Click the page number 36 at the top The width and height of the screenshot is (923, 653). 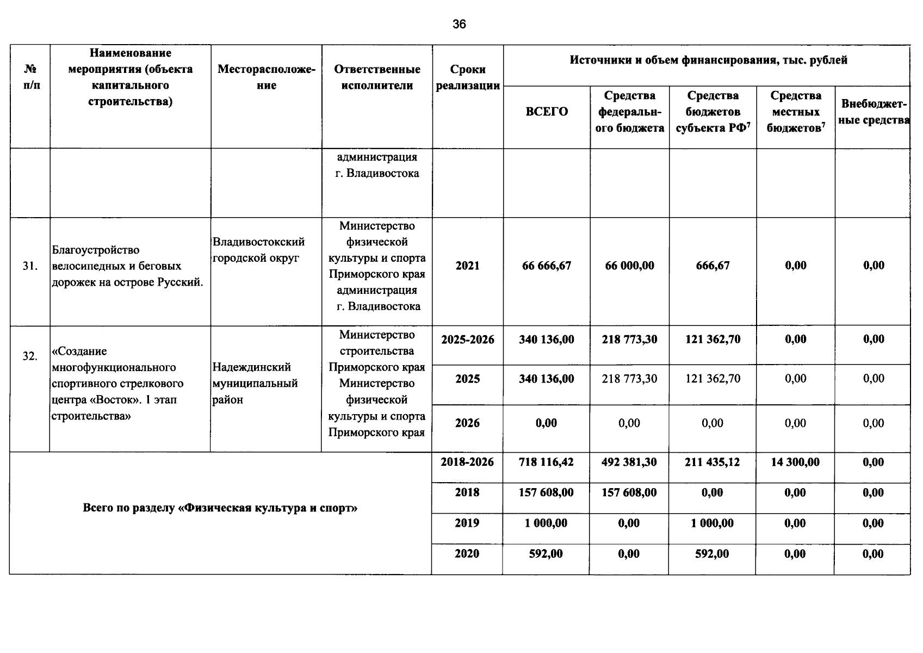point(459,24)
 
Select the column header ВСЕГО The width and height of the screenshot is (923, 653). point(547,112)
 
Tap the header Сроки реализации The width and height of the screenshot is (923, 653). point(468,77)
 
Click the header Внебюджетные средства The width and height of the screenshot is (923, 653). point(873,112)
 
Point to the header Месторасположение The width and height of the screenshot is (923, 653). point(267,77)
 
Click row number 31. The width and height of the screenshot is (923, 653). point(30,266)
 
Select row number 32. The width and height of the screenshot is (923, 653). point(30,356)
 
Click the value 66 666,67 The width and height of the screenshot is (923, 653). point(547,266)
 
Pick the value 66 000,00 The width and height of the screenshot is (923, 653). point(629,266)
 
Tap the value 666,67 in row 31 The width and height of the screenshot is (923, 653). point(713,266)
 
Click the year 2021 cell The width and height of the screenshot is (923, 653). point(468,266)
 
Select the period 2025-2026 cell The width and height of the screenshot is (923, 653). point(468,340)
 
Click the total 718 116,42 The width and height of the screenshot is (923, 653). point(546,462)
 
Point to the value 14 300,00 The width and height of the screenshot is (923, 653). point(795,462)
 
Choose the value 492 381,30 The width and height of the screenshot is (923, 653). point(629,462)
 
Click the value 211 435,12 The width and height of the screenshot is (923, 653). point(713,462)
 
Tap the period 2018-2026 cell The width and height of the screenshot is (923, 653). point(467,462)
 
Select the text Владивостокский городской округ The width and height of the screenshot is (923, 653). point(258,250)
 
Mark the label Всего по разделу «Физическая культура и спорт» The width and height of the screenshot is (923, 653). point(220,508)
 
